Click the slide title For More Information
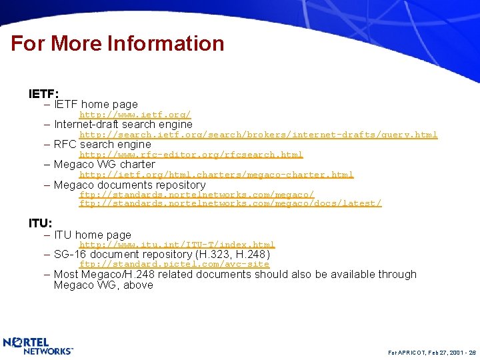tap(117, 44)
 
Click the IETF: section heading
tap(43, 94)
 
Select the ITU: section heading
tap(40, 223)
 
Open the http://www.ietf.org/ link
tap(135, 115)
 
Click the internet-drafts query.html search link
tap(259, 135)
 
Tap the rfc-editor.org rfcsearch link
tap(191, 155)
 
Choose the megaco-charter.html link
tap(217, 175)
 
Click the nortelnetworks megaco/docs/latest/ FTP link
tap(231, 203)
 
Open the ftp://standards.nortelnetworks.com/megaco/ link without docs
tap(197, 195)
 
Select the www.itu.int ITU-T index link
tap(177, 245)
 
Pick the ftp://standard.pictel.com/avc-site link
tap(175, 264)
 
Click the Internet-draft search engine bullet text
tap(123, 125)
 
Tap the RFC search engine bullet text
tap(102, 145)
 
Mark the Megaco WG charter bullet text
tap(104, 165)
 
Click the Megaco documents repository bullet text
tap(129, 185)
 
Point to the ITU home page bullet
tap(92, 235)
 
